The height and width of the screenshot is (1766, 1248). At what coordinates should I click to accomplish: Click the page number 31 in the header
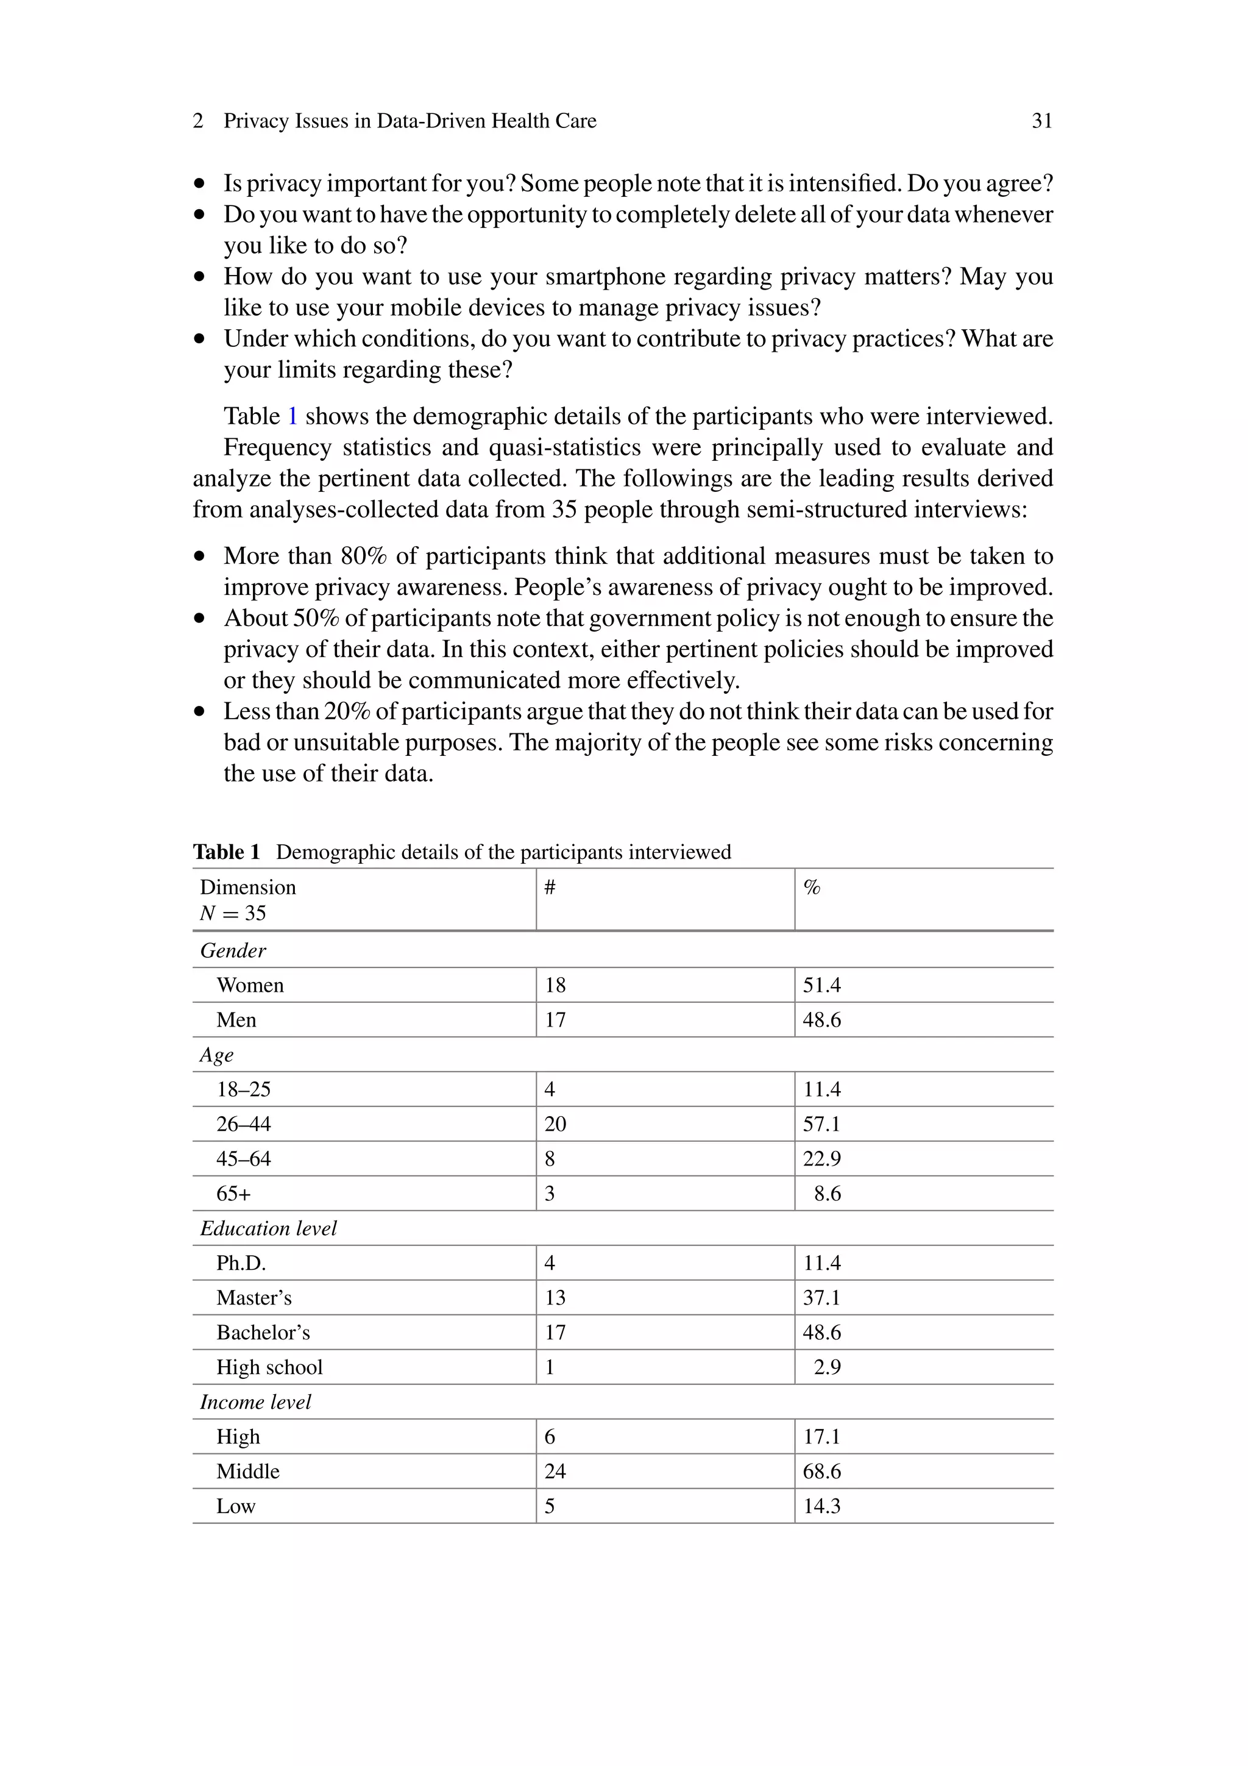pos(1041,121)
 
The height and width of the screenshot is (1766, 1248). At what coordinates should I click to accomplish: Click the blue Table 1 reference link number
pos(292,416)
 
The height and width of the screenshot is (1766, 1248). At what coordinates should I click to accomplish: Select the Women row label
pos(250,985)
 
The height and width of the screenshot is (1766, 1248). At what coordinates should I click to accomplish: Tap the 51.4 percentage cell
pos(821,985)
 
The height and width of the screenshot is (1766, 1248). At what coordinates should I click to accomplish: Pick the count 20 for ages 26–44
pos(555,1123)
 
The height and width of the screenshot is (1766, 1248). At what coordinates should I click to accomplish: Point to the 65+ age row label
pos(233,1194)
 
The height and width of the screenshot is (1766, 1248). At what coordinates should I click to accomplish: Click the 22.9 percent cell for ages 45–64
pos(821,1159)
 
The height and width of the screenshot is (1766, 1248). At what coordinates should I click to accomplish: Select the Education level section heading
pos(268,1228)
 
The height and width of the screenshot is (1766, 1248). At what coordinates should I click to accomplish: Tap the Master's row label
pos(253,1298)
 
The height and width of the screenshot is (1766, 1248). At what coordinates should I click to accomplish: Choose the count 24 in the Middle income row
pos(555,1472)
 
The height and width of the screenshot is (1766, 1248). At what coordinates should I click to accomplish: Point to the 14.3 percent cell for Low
pos(821,1506)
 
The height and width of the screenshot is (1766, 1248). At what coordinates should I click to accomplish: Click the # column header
pos(550,888)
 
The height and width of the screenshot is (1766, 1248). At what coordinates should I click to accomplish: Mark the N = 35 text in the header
pos(232,914)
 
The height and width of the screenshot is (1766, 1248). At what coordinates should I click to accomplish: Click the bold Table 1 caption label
pos(226,852)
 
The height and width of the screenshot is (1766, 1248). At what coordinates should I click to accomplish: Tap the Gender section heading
pos(232,951)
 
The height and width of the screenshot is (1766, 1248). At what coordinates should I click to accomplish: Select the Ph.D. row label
pos(241,1263)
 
